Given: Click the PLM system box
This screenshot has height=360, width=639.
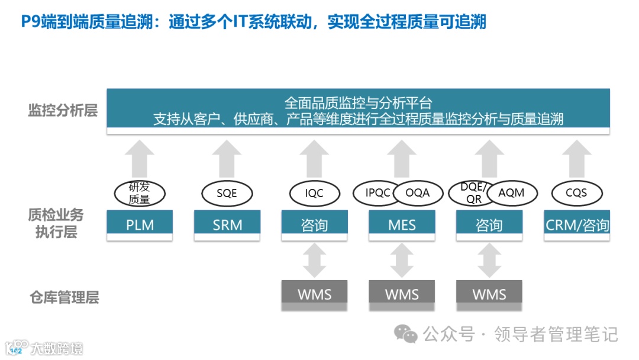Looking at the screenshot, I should click(x=140, y=225).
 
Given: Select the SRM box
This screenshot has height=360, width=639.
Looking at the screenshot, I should click(x=227, y=225).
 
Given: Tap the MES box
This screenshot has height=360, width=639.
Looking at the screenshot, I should click(x=402, y=225).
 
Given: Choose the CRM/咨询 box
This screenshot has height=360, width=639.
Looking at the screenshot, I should click(x=577, y=225).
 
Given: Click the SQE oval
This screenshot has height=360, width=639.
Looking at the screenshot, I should click(x=227, y=194).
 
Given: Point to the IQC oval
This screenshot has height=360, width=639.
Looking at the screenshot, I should click(x=314, y=194).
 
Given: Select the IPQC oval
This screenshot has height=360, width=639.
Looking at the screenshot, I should click(x=378, y=193).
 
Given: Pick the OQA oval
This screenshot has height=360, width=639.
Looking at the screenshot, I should click(x=417, y=193).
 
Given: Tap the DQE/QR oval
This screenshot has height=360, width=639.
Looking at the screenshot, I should click(x=474, y=193).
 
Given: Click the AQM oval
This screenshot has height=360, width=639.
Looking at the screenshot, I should click(x=512, y=193).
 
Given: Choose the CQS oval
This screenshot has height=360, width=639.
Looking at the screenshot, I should click(x=576, y=193).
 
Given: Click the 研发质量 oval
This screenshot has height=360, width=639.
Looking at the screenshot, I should click(x=140, y=194).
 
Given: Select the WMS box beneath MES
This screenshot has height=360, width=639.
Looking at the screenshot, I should click(x=402, y=294).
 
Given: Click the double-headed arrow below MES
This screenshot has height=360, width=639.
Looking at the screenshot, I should click(x=402, y=261).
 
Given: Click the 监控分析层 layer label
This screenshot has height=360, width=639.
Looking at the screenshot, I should click(x=63, y=110).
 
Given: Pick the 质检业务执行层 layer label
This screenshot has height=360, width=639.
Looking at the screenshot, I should click(x=56, y=223).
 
